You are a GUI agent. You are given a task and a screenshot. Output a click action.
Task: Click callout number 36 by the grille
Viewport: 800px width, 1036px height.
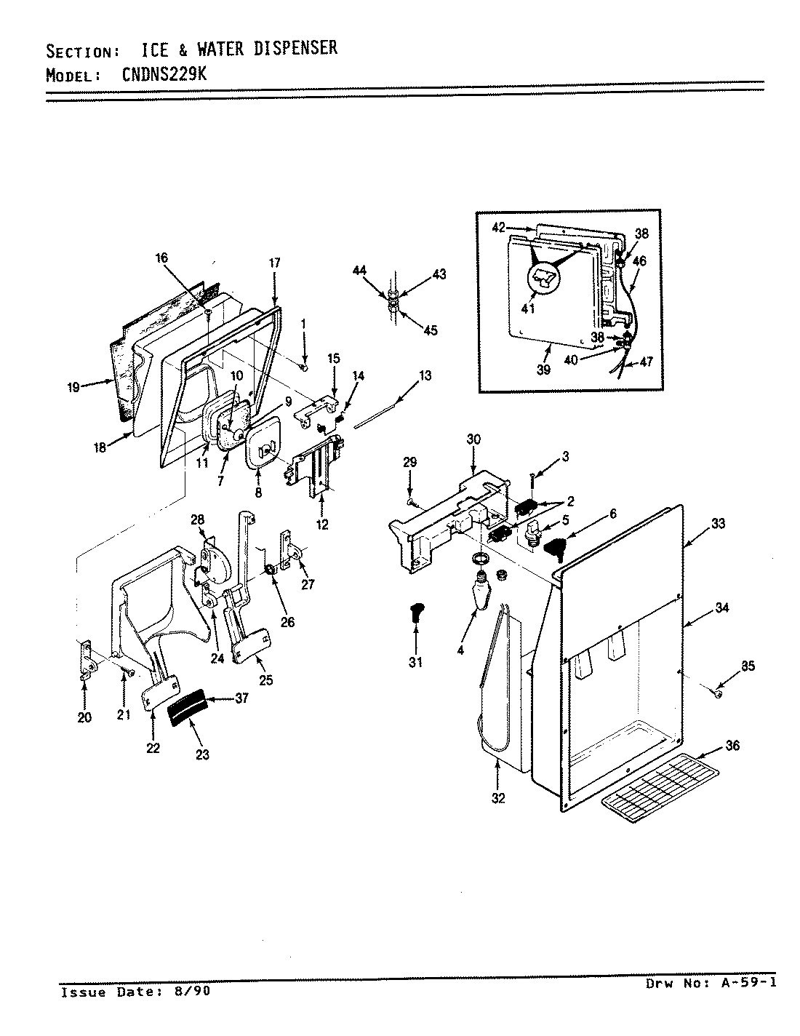pos(732,746)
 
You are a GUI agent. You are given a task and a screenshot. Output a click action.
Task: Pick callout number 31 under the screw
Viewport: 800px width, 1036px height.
pos(417,662)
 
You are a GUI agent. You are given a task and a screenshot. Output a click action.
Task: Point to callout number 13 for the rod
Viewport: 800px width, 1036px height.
pos(425,375)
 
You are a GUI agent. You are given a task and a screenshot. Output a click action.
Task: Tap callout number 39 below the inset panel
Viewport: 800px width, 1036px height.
pos(543,370)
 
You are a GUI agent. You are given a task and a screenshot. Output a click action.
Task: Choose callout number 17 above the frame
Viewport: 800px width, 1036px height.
pos(274,263)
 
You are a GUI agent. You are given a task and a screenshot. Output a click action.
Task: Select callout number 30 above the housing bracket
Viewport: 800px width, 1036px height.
pos(473,439)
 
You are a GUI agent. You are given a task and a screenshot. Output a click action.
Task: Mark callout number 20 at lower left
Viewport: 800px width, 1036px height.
pos(84,717)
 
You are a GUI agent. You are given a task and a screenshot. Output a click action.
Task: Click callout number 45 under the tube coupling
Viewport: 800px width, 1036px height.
pos(430,330)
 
